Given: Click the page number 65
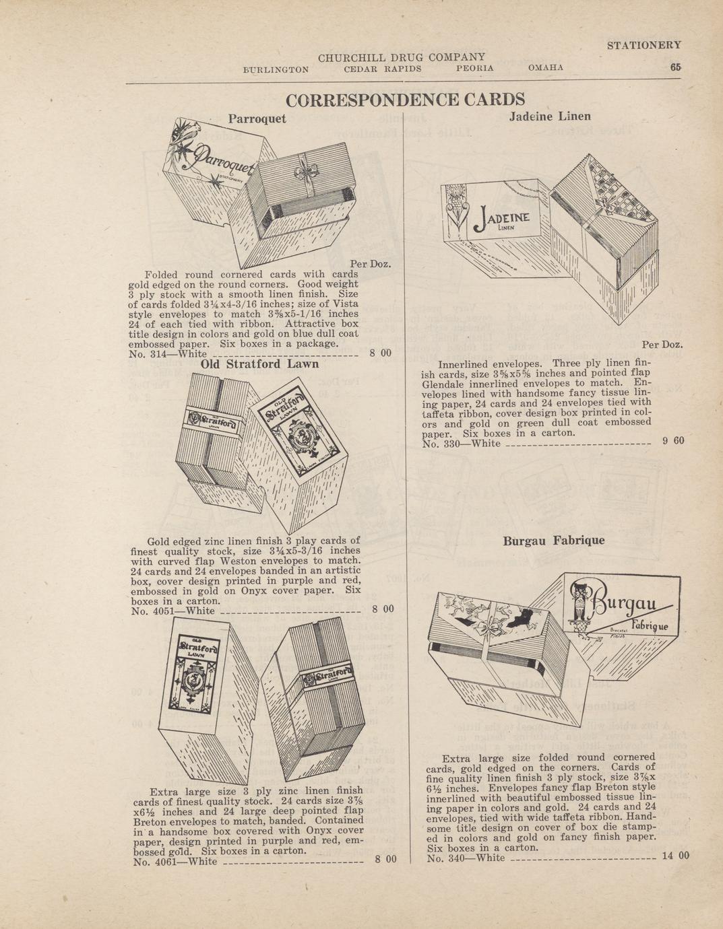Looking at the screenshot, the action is (676, 67).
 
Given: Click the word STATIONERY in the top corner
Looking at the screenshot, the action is (643, 45).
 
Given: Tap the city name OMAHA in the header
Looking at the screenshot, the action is (546, 68).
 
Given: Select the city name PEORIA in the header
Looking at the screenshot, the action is (475, 68).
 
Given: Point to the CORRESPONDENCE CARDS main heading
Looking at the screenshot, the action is (405, 100).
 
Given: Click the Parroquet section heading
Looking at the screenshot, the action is (257, 119).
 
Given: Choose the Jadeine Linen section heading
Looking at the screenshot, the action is (550, 116).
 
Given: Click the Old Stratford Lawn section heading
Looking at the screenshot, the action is (259, 364).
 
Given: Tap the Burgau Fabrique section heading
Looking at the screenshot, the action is (554, 541).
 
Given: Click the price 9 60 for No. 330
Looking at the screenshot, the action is (673, 440).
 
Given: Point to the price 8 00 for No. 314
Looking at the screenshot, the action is (380, 353).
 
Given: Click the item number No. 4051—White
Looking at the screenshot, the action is (173, 611).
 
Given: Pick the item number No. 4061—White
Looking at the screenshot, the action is (175, 861).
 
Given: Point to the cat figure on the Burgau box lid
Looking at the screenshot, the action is (579, 607).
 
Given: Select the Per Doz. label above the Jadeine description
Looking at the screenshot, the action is (662, 345).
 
